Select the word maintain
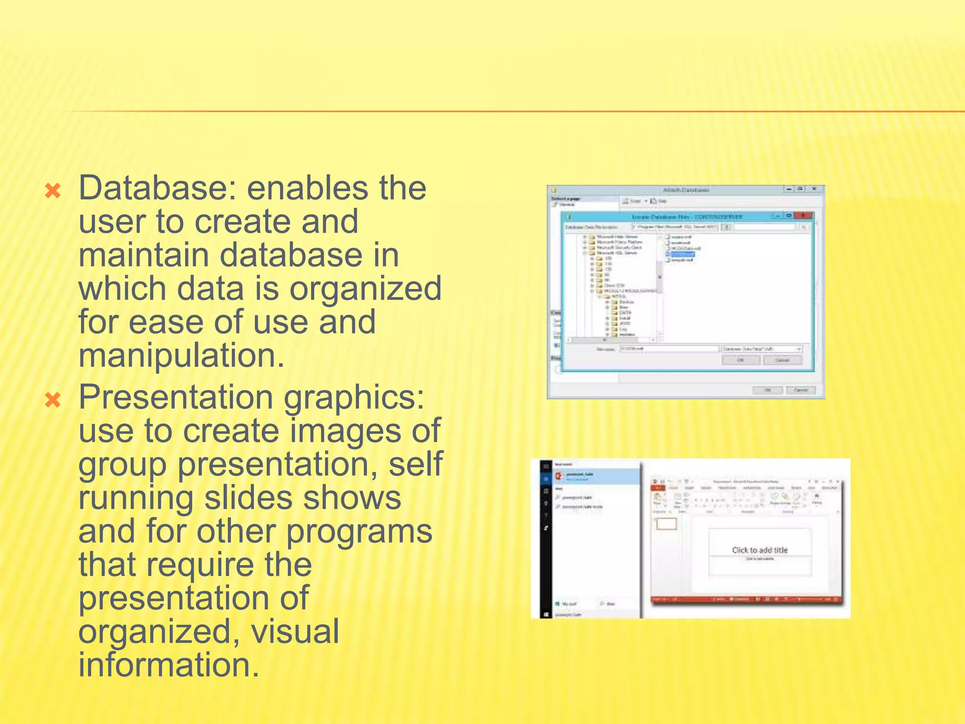[x=144, y=255]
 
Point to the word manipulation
[x=181, y=355]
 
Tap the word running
[x=136, y=498]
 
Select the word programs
[x=359, y=532]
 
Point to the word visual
[x=294, y=632]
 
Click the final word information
[x=169, y=665]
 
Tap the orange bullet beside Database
[x=53, y=191]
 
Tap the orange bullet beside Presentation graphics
[x=53, y=401]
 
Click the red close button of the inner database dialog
[x=802, y=216]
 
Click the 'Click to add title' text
[x=760, y=550]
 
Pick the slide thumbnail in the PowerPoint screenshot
[x=666, y=524]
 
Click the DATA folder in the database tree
[x=625, y=313]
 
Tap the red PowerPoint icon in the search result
[x=559, y=476]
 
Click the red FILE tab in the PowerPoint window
[x=657, y=488]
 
